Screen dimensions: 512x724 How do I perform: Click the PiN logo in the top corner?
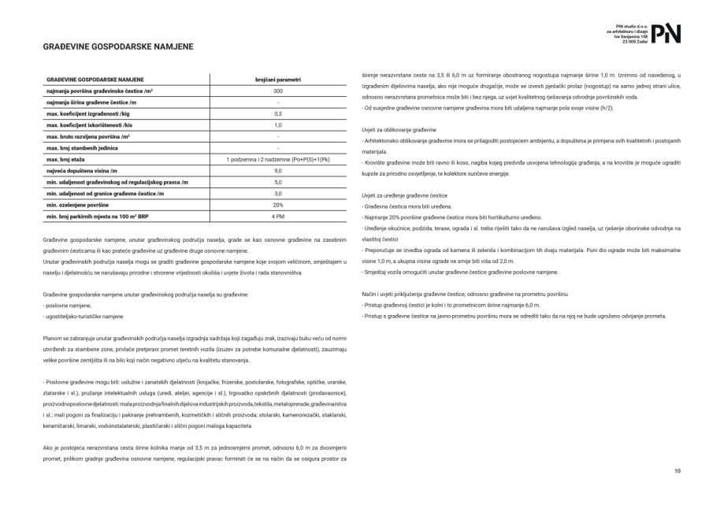click(x=666, y=33)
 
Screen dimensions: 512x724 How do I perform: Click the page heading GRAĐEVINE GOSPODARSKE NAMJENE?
click(x=117, y=47)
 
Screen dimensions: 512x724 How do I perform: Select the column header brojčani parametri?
click(x=278, y=80)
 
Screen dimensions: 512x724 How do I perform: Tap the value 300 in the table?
click(x=278, y=91)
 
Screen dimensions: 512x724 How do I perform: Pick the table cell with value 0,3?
click(x=278, y=113)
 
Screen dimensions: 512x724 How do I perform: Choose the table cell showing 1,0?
click(x=278, y=125)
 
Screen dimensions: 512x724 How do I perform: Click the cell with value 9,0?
click(x=278, y=170)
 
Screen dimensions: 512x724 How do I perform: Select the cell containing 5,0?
click(x=278, y=182)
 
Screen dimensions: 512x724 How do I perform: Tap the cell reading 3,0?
click(x=278, y=193)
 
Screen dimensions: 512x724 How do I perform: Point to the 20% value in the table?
click(x=278, y=205)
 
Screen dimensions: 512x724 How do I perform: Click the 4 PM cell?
click(x=278, y=216)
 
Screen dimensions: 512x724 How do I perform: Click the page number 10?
click(x=677, y=471)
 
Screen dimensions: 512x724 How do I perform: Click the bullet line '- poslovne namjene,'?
click(x=68, y=305)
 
